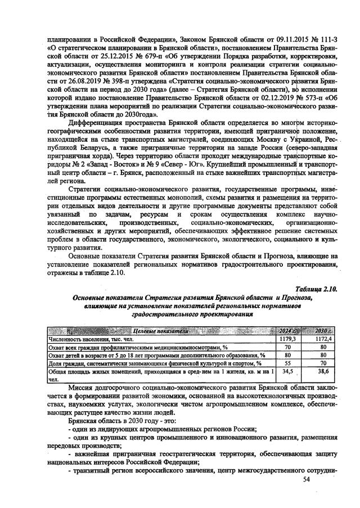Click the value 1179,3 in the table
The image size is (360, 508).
(x=288, y=339)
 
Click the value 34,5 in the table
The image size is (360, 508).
(x=288, y=372)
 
